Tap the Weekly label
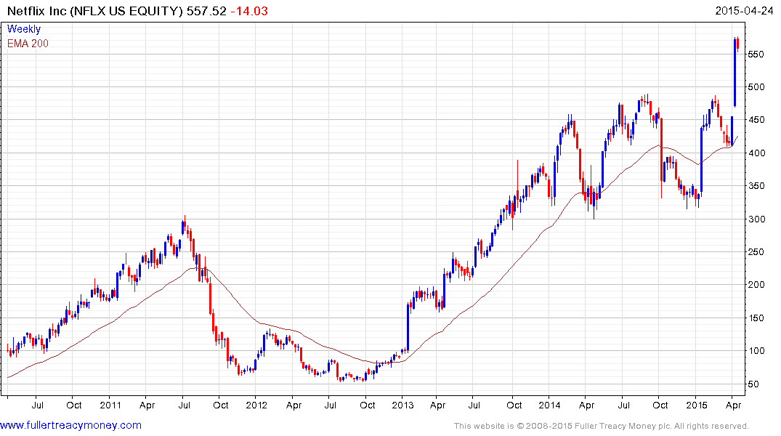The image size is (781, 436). [24, 30]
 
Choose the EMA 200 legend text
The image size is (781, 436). [28, 44]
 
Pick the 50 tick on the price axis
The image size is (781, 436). [756, 384]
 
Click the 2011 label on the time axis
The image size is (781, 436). [110, 405]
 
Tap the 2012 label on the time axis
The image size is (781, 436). [256, 405]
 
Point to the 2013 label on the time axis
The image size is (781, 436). [403, 405]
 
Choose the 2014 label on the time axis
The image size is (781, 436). [550, 405]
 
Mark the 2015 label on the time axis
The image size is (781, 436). [697, 405]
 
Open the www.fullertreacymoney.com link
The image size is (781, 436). [71, 426]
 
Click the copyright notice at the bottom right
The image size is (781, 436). [601, 426]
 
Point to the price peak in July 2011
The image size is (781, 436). [185, 218]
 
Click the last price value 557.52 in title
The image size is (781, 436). [206, 12]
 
